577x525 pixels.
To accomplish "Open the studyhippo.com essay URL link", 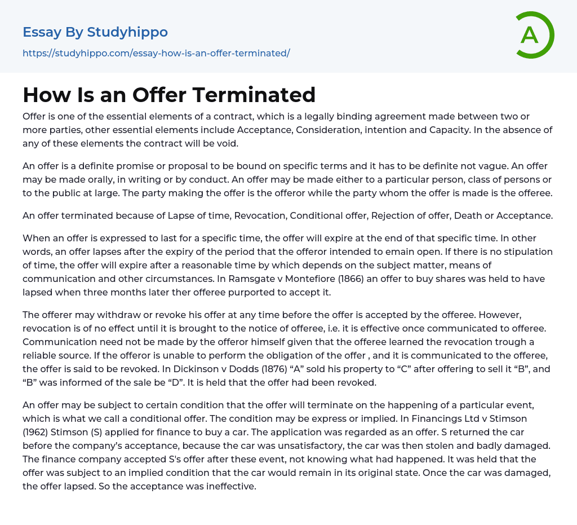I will (x=156, y=53).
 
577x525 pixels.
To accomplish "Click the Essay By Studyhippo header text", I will (x=95, y=32).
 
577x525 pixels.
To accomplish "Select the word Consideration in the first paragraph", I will (x=366, y=130).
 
